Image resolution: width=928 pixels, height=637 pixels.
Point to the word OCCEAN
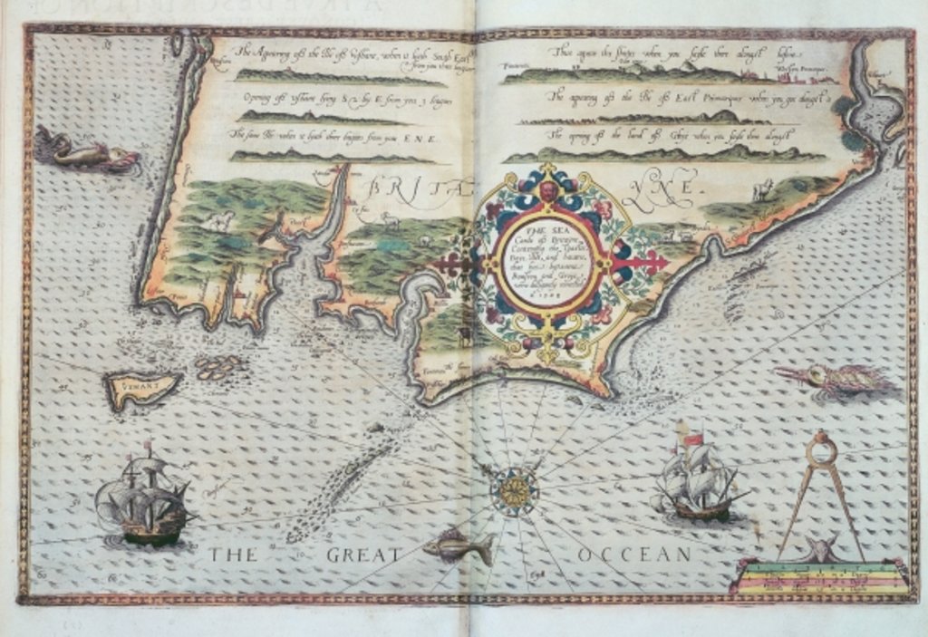coord(633,554)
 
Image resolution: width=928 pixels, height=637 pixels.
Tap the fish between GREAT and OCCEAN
coord(459,546)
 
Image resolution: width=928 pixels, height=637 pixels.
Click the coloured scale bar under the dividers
coord(819,576)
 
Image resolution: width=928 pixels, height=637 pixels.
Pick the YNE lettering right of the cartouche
coord(666,188)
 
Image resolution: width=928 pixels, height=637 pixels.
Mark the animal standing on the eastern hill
coord(762,189)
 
